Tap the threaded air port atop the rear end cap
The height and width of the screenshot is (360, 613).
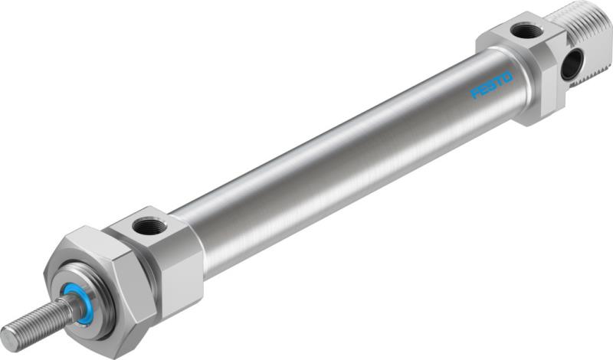tap(526, 31)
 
